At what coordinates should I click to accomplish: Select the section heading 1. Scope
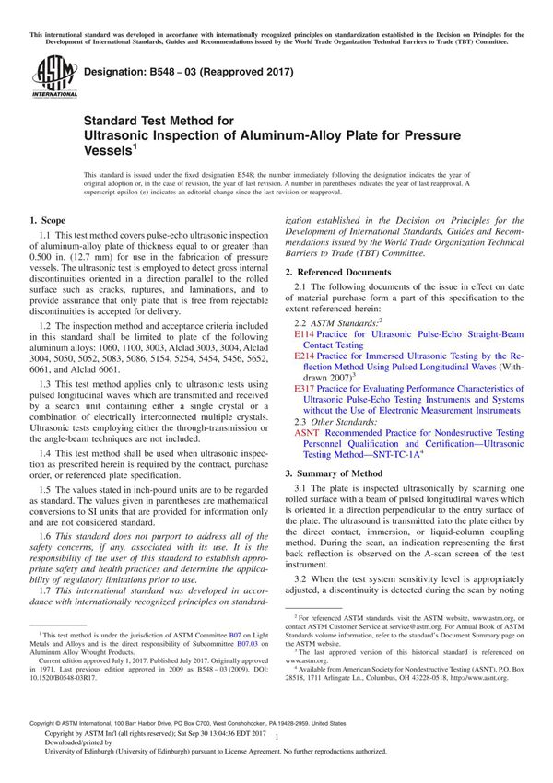(x=47, y=220)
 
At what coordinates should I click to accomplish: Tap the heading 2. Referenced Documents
(x=335, y=273)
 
